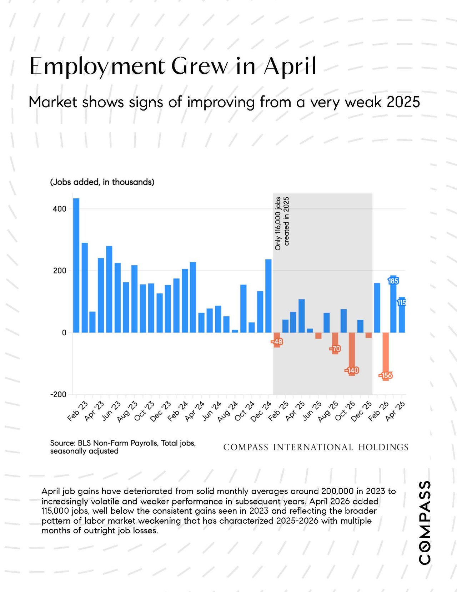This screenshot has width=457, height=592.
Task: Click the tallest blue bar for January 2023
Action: click(76, 265)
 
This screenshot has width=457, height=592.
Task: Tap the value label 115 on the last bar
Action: click(402, 302)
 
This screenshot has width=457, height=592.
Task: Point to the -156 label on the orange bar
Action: click(386, 375)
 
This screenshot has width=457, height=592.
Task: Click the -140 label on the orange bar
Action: click(352, 370)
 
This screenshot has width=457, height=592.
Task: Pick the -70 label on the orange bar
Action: click(335, 349)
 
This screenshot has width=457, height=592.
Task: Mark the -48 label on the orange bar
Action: click(277, 342)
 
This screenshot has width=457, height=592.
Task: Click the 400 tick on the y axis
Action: click(60, 209)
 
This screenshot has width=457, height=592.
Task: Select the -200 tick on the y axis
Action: click(58, 394)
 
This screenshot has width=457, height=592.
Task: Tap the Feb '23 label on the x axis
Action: click(78, 412)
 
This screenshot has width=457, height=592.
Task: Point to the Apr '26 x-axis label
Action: click(396, 412)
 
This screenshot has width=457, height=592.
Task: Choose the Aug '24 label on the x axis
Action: click(228, 412)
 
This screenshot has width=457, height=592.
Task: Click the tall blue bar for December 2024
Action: click(268, 296)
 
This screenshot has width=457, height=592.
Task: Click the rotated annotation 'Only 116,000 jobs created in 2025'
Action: click(282, 223)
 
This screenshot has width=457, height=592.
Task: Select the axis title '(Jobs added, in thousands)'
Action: click(102, 182)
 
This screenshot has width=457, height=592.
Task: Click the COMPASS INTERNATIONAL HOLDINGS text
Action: click(316, 447)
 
